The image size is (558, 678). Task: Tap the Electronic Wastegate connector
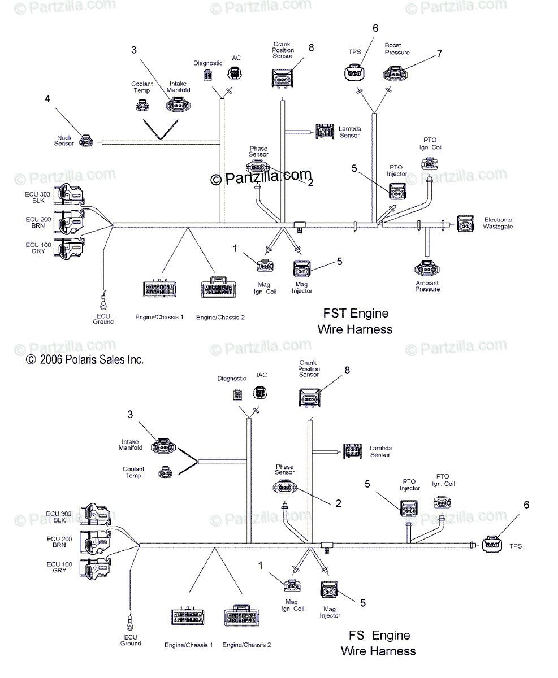(466, 224)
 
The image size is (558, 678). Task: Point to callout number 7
(439, 54)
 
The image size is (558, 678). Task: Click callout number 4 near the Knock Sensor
(47, 99)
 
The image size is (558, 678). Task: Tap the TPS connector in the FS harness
(492, 544)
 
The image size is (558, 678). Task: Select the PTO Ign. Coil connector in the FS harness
(442, 502)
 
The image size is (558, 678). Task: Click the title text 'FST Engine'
(355, 314)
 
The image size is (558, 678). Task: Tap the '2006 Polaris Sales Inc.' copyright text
(85, 359)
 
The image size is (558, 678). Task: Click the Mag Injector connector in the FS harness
(330, 591)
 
